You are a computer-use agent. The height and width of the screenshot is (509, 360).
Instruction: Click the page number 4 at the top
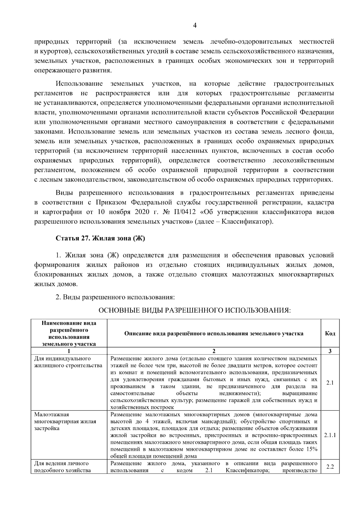coord(194,26)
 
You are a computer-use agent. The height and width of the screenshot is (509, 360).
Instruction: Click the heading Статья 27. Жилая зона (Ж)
coord(100,238)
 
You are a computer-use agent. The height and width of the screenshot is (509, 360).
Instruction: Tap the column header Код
coord(330,333)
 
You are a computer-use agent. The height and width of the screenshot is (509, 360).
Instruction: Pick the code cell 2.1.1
coord(330,435)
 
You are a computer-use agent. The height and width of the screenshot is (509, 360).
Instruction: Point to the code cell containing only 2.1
coord(330,383)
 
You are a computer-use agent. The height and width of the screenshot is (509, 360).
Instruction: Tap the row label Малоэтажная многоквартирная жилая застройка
coord(65,421)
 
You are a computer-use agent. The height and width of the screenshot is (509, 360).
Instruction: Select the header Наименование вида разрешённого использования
coord(69,333)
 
